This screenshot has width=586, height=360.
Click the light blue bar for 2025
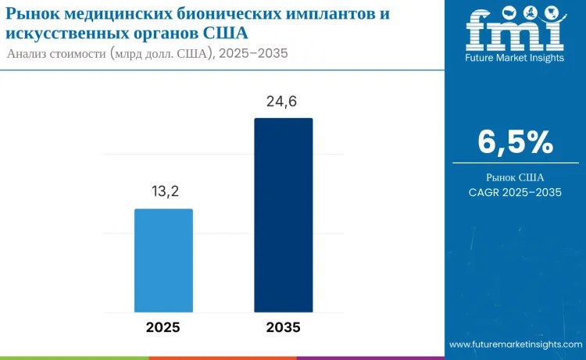163,261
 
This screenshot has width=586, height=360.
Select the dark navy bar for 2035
283,215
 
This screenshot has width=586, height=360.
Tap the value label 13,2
163,192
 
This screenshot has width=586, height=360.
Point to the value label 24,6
283,102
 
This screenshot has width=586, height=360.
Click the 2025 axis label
163,327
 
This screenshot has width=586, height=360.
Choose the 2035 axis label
283,327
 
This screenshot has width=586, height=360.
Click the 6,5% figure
515,142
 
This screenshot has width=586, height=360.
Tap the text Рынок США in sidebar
515,176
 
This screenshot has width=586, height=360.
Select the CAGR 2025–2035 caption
515,192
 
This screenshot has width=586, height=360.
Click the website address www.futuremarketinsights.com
515,344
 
